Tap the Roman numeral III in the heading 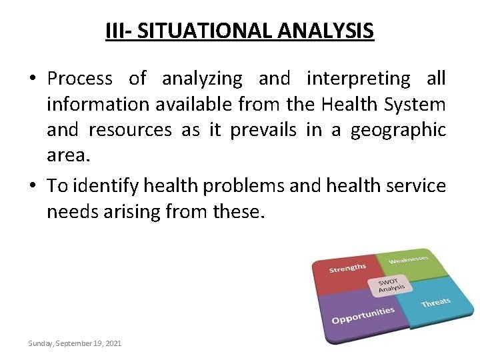pos(116,31)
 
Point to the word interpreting pos(358,79)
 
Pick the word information pos(95,104)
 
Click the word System pos(412,104)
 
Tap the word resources pos(129,129)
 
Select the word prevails pos(264,129)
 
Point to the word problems pos(243,185)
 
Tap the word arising pos(133,211)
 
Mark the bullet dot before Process pos(33,79)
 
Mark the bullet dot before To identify pos(33,186)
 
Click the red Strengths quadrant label pos(347,268)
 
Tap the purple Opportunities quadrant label pos(363,315)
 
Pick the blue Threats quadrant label pos(435,303)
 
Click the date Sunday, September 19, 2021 pos(75,343)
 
